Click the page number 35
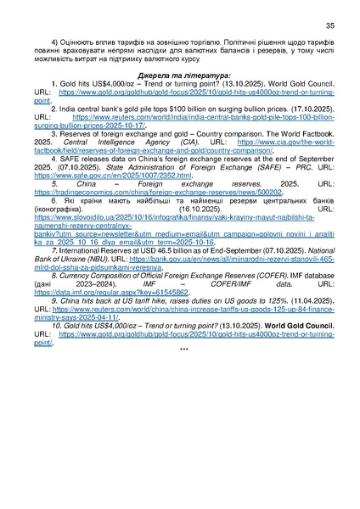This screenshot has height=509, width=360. click(x=329, y=25)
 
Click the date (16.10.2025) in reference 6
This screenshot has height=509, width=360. click(x=203, y=229)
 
